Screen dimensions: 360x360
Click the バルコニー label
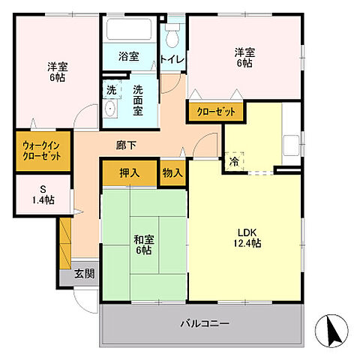tap(205, 323)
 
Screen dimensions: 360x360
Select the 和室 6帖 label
tap(143, 244)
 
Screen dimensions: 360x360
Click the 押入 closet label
tap(130, 172)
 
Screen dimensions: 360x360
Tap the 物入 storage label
tap(172, 172)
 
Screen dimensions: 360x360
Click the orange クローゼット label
tap(215, 112)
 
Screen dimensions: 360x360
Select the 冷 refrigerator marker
tap(234, 160)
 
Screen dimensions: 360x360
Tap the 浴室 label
tap(129, 56)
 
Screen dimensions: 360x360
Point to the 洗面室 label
tap(139, 100)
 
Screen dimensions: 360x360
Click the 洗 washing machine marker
tap(110, 89)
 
